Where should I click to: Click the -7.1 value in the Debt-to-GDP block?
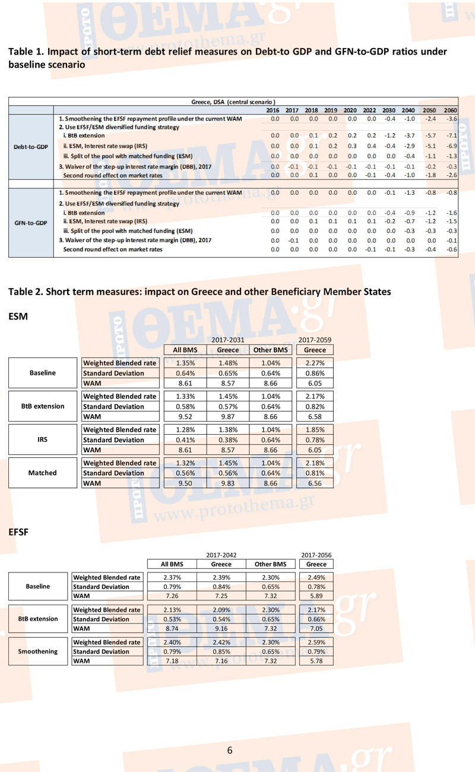[451, 135]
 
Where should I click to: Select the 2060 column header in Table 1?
[451, 110]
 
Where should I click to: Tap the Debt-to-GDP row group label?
[31, 147]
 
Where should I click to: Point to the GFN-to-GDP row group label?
[31, 223]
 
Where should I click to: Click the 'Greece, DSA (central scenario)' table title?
[233, 102]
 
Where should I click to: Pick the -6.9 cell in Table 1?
[451, 145]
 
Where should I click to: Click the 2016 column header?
[273, 110]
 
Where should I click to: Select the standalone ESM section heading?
[18, 317]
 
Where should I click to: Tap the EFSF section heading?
[19, 532]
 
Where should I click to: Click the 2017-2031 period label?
[228, 340]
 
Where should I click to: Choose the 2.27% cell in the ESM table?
[315, 363]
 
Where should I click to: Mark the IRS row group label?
[43, 440]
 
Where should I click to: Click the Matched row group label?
[43, 473]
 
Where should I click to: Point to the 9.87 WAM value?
[228, 417]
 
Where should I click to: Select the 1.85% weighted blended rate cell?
[315, 429]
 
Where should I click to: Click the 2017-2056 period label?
[316, 555]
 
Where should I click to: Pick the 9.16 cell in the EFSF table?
[221, 628]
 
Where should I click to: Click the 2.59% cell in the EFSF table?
[316, 642]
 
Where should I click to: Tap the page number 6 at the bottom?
[230, 750]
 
